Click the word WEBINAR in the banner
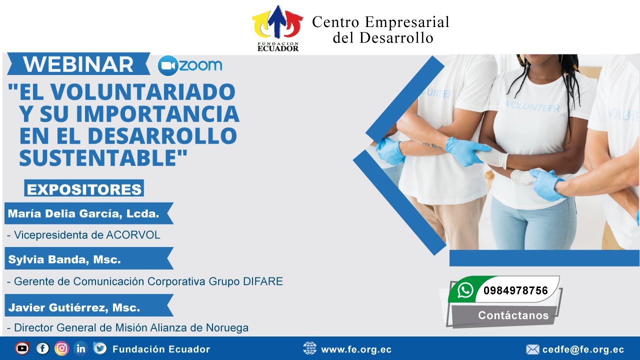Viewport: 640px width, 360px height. (78, 64)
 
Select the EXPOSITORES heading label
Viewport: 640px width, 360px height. (84, 189)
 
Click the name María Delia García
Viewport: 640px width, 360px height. (63, 213)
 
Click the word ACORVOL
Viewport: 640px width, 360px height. (133, 235)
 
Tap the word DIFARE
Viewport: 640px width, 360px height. (263, 281)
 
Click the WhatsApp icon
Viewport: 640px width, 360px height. (465, 290)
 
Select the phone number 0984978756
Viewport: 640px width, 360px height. (515, 290)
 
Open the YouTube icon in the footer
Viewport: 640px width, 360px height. (22, 348)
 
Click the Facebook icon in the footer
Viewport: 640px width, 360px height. (42, 348)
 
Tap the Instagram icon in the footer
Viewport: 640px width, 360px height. (61, 348)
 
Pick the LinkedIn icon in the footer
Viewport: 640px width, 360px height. (81, 348)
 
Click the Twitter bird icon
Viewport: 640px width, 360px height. (100, 348)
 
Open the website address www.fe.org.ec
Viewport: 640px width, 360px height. (356, 349)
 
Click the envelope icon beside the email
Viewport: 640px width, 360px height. (532, 349)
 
